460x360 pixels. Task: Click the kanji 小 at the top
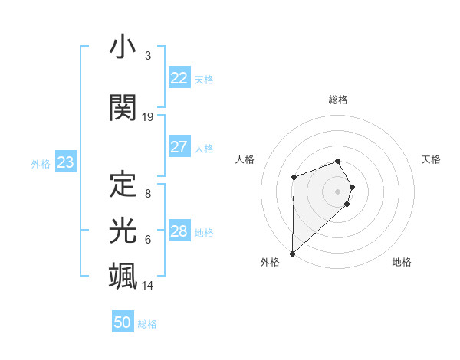123,47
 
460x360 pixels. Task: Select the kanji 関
123,108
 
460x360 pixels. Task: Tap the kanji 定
123,184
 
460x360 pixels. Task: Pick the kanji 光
123,230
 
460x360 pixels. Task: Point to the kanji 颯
123,275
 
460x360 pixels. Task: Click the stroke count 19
148,117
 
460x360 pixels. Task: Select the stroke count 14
148,286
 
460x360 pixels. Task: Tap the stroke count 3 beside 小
148,57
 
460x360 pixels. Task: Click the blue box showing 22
179,78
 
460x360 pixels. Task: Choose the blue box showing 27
179,147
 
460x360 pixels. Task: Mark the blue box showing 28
179,231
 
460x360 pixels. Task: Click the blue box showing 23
65,162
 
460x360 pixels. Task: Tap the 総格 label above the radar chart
337,100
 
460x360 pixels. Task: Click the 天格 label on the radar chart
432,159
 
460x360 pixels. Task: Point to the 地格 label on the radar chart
402,263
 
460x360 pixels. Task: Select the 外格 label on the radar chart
270,263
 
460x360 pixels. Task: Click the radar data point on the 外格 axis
292,253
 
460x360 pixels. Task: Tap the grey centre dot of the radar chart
337,191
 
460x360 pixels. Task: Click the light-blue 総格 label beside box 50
147,324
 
